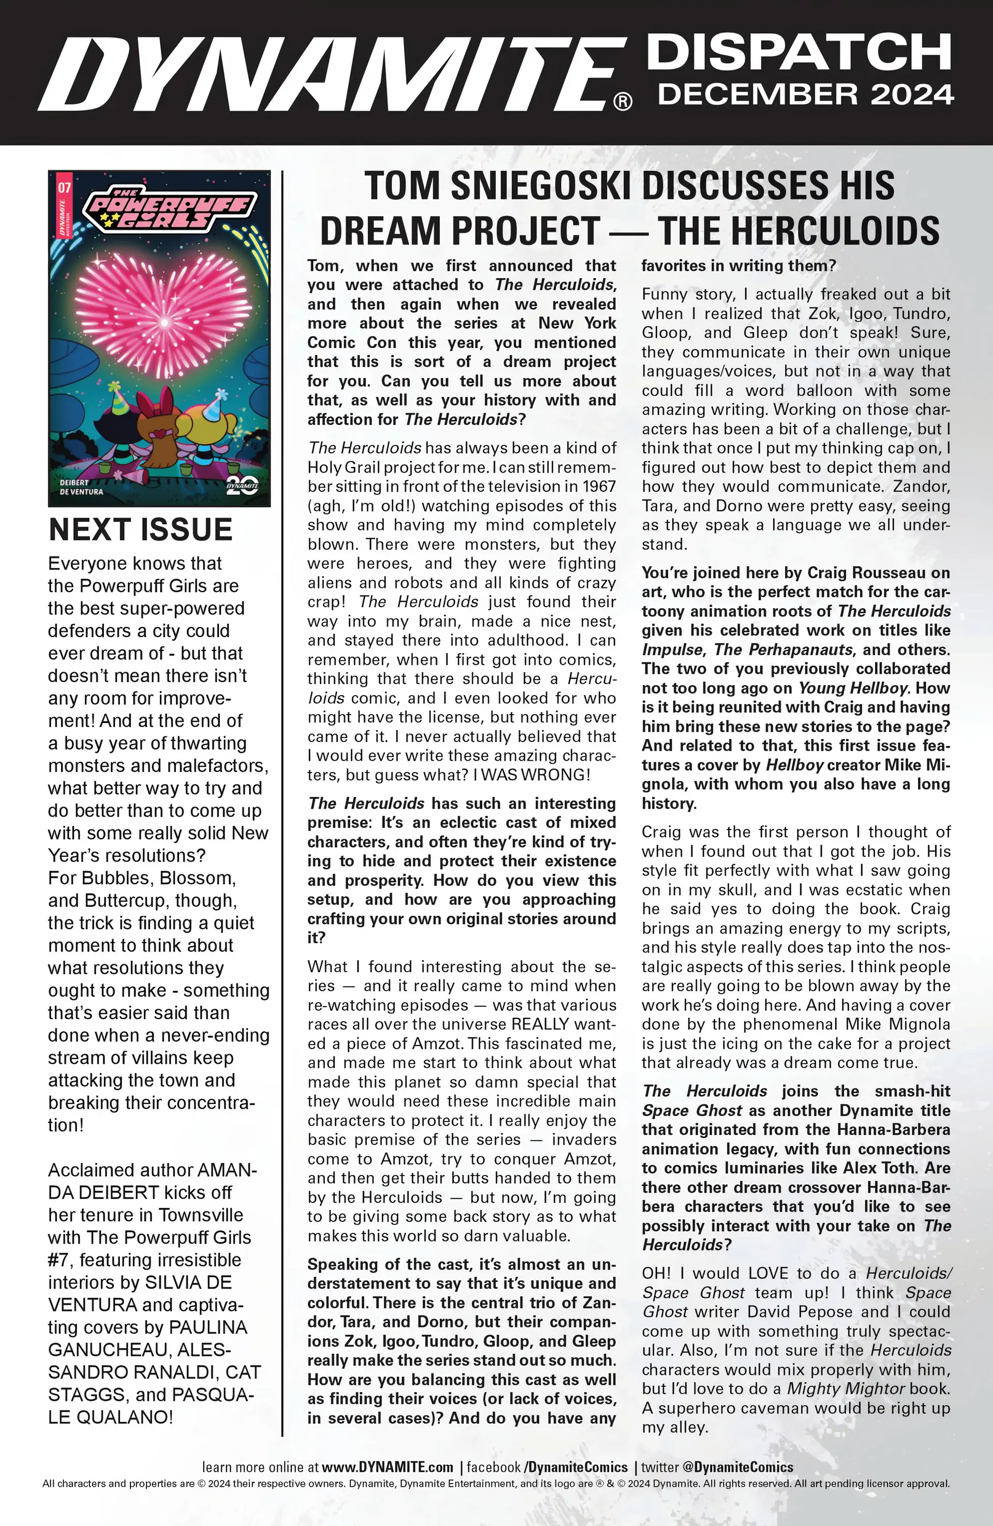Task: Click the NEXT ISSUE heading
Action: (141, 529)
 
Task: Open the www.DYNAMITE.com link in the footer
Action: (387, 1467)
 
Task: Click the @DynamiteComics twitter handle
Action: (737, 1467)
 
